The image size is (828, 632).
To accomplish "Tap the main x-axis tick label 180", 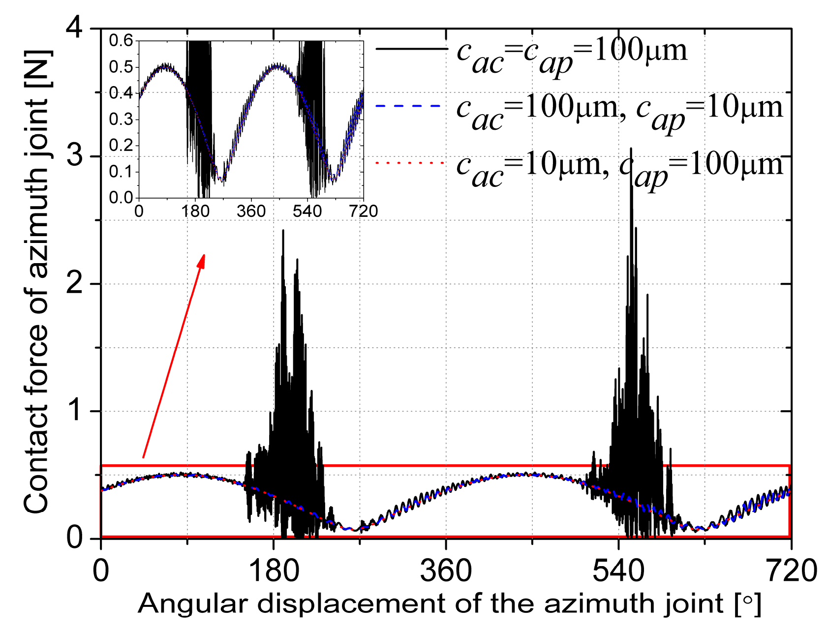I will [273, 572].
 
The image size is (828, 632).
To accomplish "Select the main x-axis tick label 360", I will [446, 572].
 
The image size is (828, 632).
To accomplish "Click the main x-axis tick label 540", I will [618, 572].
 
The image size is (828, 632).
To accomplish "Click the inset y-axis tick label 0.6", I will [121, 40].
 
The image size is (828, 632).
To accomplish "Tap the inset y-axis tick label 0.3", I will [121, 119].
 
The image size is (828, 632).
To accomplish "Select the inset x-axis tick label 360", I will [251, 211].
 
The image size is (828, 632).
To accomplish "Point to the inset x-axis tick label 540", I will [307, 211].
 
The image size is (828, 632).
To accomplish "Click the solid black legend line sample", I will [411, 49].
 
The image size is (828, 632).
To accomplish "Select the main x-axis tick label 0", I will [101, 572].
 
